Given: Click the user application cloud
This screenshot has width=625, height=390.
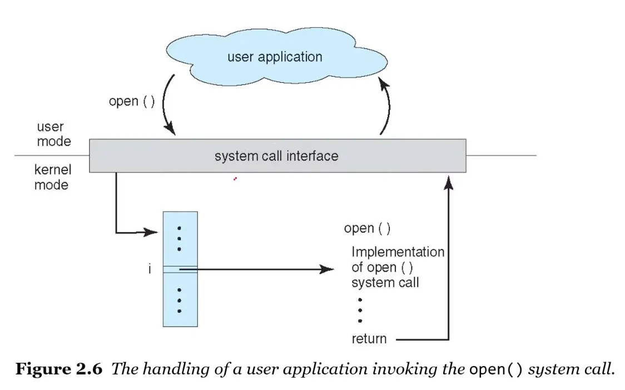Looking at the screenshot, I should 275,57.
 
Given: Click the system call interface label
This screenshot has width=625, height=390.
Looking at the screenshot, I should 276,156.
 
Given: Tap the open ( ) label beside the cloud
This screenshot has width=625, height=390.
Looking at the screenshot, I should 132,102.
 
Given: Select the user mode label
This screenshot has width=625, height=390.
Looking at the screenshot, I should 54,134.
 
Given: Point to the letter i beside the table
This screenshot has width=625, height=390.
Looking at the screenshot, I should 150,270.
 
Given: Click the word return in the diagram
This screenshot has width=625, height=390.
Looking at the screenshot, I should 369,338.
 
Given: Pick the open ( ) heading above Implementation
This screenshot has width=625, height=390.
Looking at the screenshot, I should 367,228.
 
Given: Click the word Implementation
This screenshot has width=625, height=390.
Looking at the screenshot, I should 398,252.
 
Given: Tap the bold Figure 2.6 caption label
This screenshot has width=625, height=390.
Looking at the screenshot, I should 58,369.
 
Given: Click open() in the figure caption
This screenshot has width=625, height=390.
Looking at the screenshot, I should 496,370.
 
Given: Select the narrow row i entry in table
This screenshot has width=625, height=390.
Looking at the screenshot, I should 180,269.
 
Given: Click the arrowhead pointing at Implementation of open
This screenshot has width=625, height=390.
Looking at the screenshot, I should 328,269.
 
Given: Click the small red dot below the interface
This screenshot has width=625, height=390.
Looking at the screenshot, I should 235,179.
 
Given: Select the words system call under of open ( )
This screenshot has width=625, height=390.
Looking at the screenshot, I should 385,282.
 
